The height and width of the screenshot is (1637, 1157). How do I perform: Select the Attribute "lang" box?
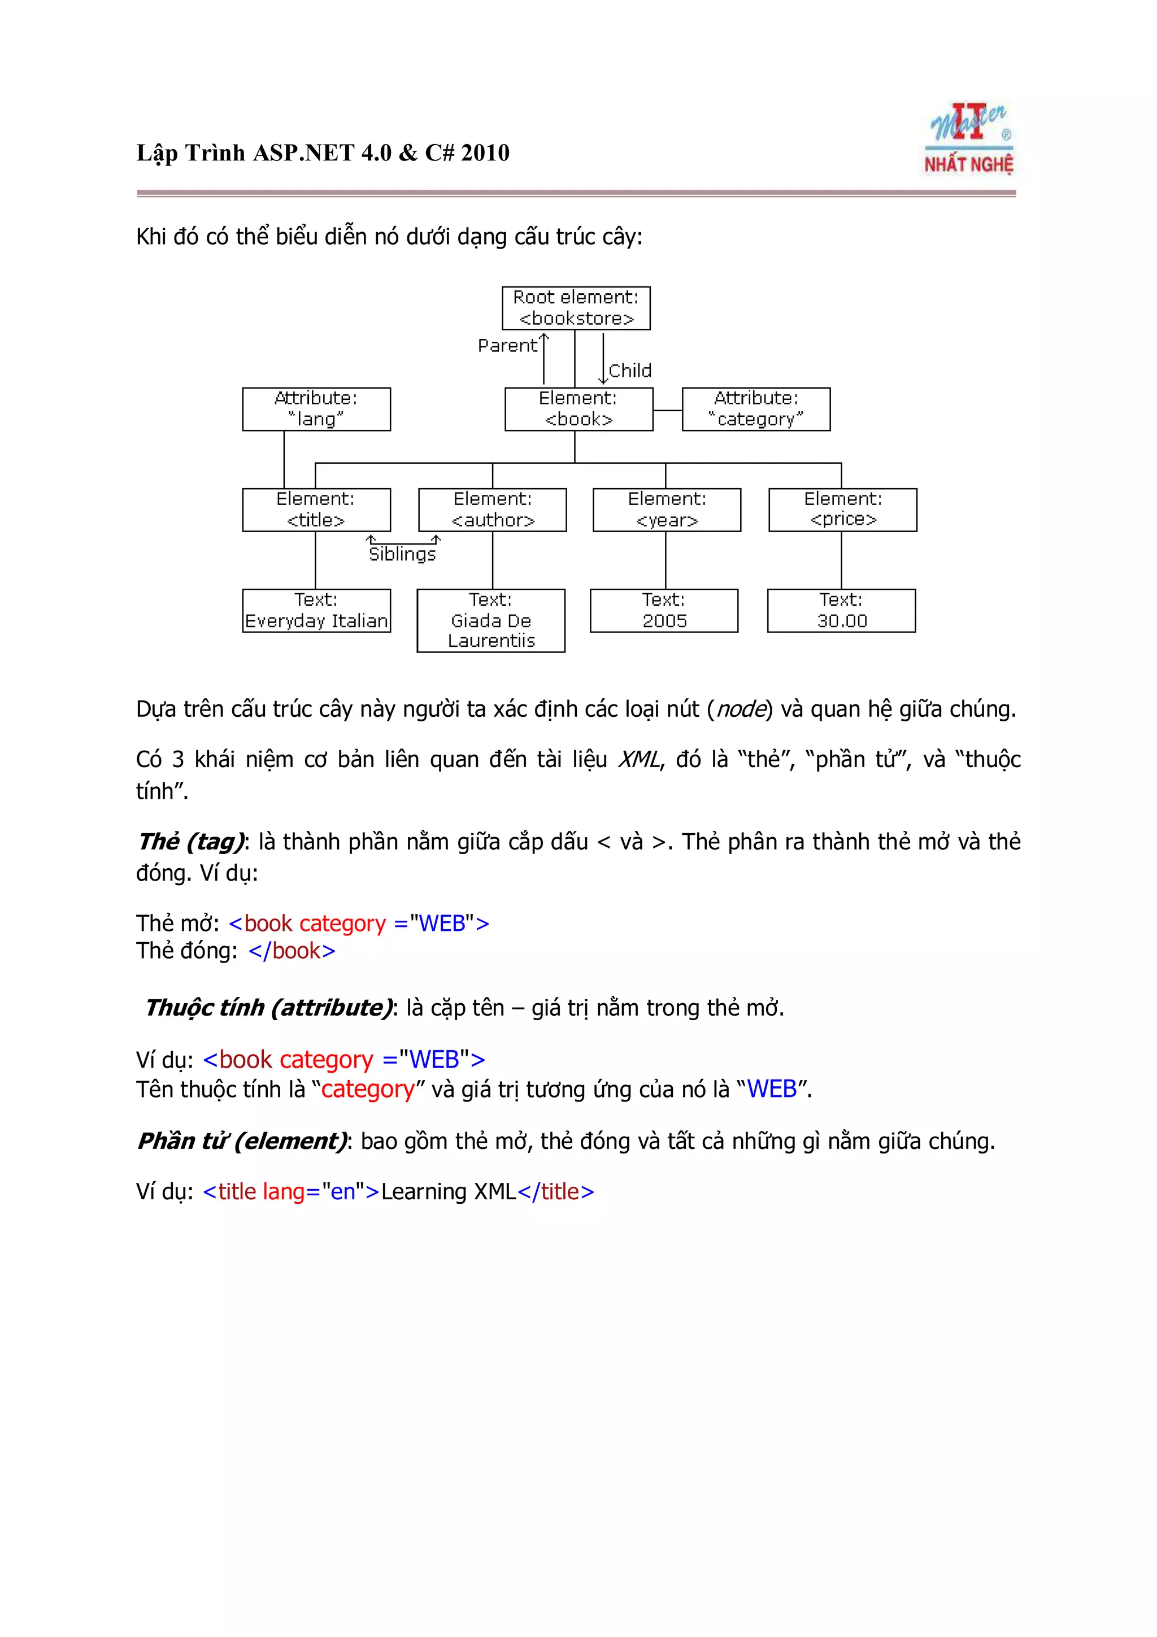click(x=316, y=409)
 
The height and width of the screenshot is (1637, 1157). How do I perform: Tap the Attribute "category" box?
click(x=756, y=409)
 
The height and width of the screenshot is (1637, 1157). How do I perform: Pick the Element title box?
click(x=316, y=510)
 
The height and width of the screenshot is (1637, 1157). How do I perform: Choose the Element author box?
click(x=492, y=510)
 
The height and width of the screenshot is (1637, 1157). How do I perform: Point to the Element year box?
click(x=667, y=510)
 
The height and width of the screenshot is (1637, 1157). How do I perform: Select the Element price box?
click(x=843, y=510)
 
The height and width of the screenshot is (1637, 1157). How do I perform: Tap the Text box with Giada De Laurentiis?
click(x=490, y=620)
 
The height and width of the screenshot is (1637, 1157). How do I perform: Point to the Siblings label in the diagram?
click(x=402, y=555)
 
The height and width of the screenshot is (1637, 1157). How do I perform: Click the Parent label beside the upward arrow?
click(x=507, y=346)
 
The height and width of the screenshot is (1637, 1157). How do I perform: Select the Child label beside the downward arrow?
click(x=630, y=371)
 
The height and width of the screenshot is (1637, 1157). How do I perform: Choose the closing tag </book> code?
click(x=292, y=951)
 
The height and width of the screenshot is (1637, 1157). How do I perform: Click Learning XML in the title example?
click(x=449, y=1191)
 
